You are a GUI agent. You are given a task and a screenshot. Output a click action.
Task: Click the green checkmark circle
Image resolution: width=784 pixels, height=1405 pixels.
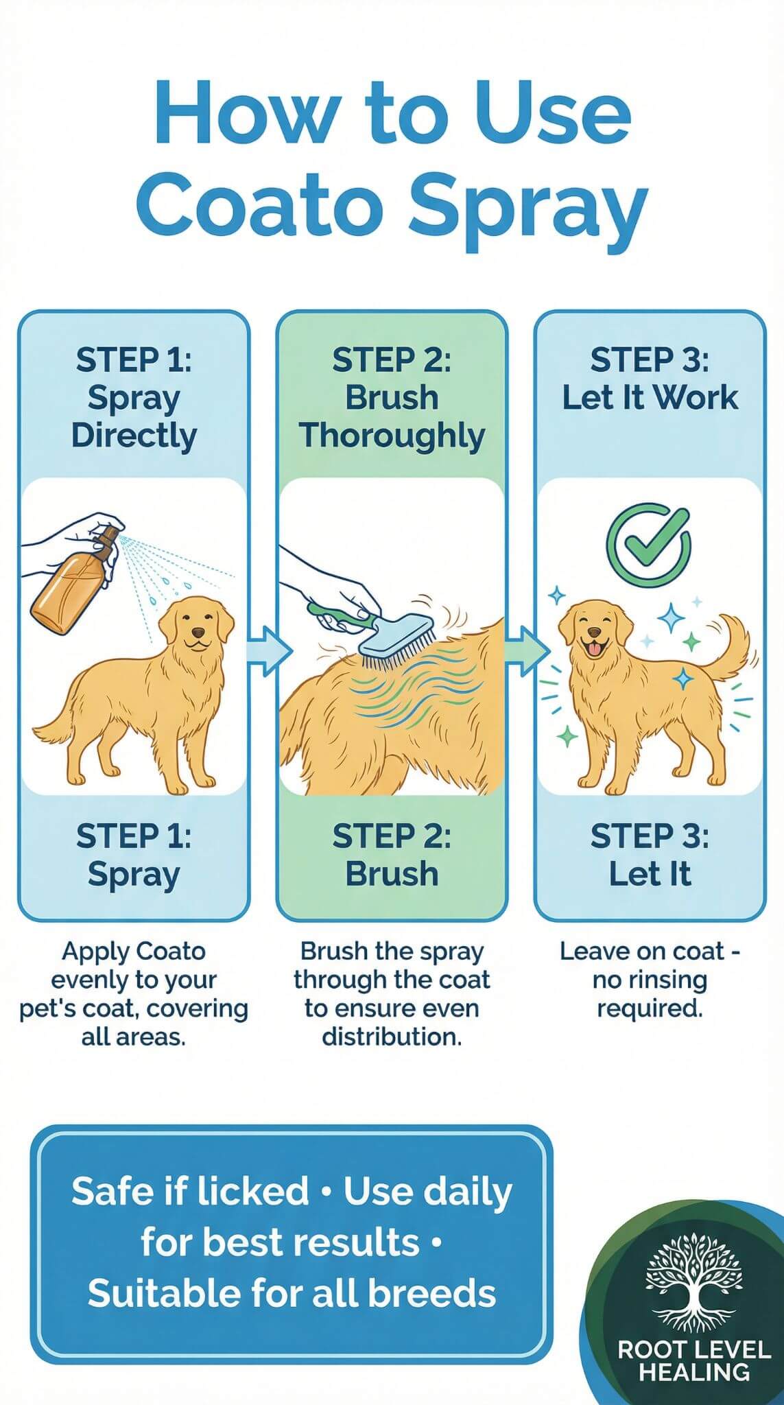point(648,545)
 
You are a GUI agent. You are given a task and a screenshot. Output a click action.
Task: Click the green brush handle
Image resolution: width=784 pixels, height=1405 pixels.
point(339,615)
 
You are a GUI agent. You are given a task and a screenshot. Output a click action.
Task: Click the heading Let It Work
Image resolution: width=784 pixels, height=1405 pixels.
point(650,397)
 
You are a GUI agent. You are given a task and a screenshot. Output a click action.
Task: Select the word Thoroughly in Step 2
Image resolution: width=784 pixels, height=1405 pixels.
point(392,436)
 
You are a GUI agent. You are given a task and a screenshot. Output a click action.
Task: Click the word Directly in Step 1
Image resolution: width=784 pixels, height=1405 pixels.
point(134,436)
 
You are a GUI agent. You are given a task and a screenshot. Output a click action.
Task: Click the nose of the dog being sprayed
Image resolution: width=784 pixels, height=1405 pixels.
point(198,632)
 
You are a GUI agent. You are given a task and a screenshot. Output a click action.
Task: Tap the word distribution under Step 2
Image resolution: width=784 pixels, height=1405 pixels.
point(391,1036)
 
